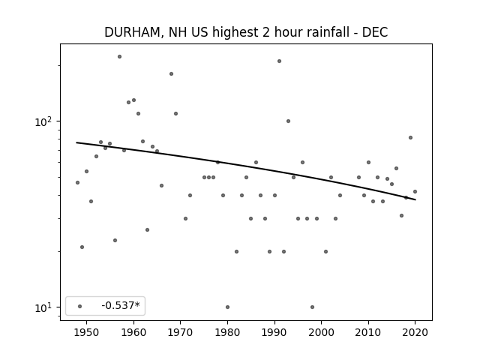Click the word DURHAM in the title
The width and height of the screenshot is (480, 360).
click(131, 32)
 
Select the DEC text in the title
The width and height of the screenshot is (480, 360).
click(375, 32)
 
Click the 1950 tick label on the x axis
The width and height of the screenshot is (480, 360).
click(87, 332)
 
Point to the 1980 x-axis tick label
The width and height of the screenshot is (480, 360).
click(227, 332)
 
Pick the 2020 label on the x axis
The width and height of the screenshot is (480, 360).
click(415, 332)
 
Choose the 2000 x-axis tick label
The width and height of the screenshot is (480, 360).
click(322, 332)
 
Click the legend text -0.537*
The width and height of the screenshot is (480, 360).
click(121, 305)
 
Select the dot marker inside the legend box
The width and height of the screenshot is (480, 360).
click(80, 306)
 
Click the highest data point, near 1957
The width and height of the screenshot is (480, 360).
click(120, 57)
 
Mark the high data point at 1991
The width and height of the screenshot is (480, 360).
click(279, 61)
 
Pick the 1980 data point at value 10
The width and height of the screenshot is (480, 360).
click(227, 307)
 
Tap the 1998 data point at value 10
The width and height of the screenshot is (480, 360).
click(312, 307)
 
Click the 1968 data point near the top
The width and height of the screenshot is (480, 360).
click(172, 73)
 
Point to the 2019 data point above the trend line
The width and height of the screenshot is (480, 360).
click(410, 138)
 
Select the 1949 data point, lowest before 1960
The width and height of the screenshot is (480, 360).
click(82, 247)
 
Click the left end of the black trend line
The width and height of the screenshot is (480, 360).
click(76, 142)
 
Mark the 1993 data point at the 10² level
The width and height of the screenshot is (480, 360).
click(288, 121)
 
